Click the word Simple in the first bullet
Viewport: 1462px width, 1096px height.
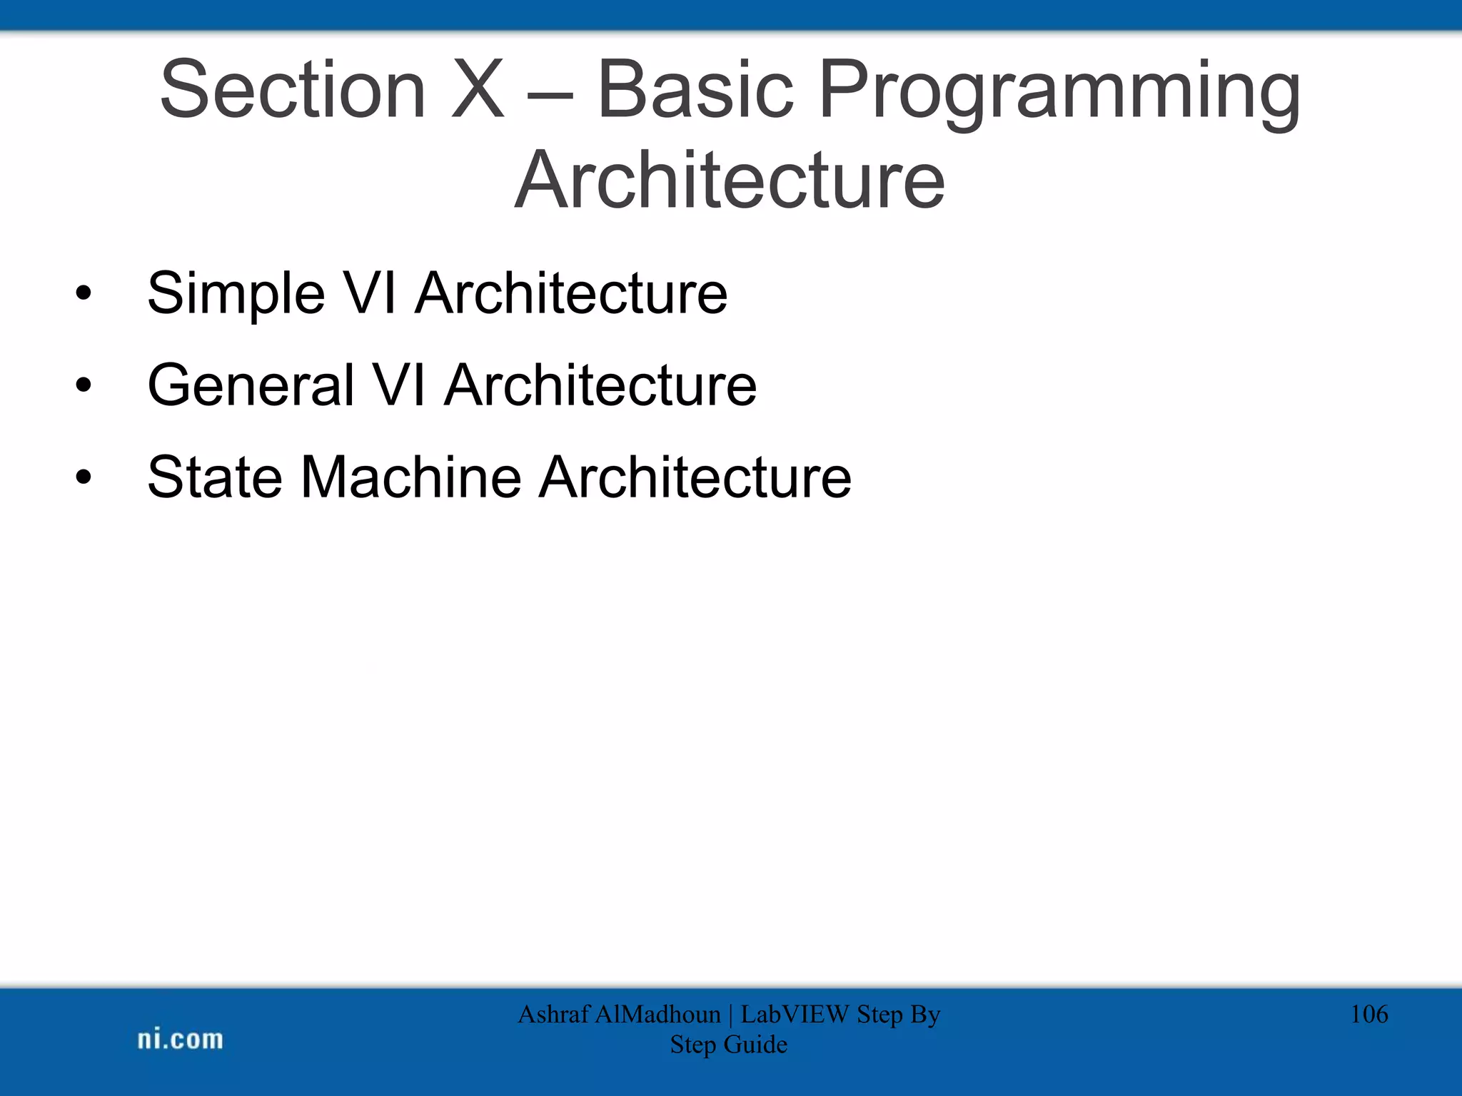236,294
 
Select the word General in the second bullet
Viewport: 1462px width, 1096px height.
250,385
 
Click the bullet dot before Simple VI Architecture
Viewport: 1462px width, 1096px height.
84,293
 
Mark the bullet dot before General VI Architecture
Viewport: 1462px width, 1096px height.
84,385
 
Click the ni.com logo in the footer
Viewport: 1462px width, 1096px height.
180,1040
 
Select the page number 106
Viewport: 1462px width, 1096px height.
1368,1014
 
